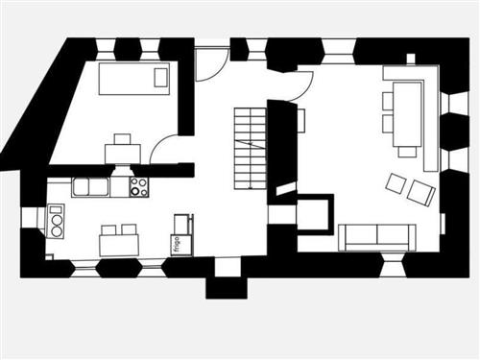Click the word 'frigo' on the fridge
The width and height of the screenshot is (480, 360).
click(178, 244)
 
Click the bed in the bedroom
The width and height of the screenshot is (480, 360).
click(133, 79)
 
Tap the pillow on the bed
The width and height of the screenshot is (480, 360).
click(160, 78)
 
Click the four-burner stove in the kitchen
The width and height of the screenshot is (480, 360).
click(139, 187)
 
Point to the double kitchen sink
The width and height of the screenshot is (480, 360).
click(91, 187)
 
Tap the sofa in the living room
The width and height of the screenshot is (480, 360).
click(377, 235)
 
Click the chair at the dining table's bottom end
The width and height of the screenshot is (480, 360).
click(407, 151)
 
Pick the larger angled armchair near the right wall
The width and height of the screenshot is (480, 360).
click(420, 192)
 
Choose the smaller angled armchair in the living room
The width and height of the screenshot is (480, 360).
click(396, 181)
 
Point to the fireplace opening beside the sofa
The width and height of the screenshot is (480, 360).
click(315, 213)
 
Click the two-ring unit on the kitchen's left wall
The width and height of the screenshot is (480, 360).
click(56, 222)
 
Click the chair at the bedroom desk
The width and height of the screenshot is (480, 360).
click(122, 139)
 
